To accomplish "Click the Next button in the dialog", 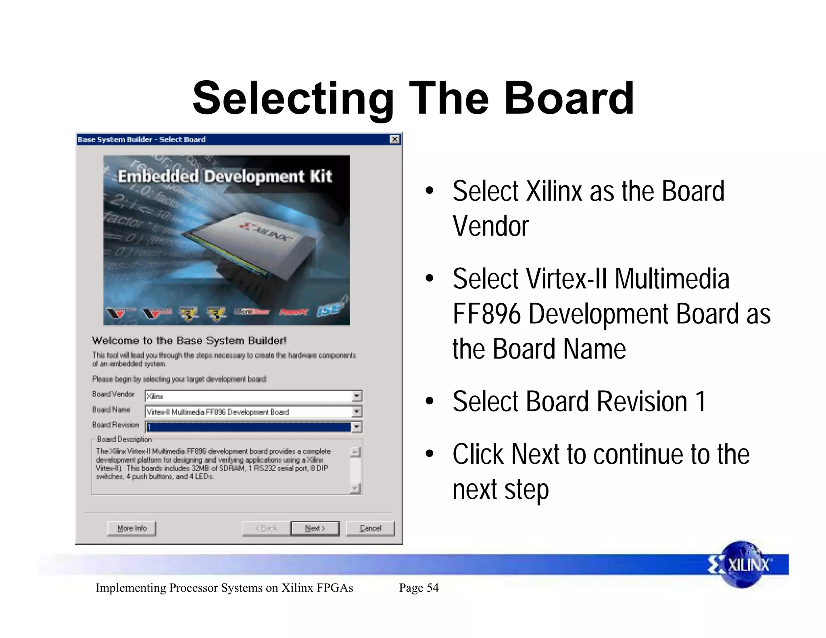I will [x=315, y=528].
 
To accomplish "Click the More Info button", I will [x=131, y=528].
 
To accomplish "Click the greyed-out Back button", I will [x=266, y=528].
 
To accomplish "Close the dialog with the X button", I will [x=394, y=140].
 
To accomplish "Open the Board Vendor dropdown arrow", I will [x=357, y=396].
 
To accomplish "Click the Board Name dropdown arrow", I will [x=357, y=412].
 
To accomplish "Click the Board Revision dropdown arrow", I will [x=357, y=427].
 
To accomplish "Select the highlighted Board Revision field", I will [x=248, y=427].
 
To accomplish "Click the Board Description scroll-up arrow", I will [x=355, y=452].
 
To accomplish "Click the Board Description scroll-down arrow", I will [x=355, y=488].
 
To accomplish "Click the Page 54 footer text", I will [x=419, y=588].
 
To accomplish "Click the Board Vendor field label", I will [x=113, y=394].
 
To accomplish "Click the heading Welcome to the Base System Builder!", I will [x=189, y=340].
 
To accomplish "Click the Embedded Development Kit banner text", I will [x=225, y=176].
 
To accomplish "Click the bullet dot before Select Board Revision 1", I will [x=430, y=402].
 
